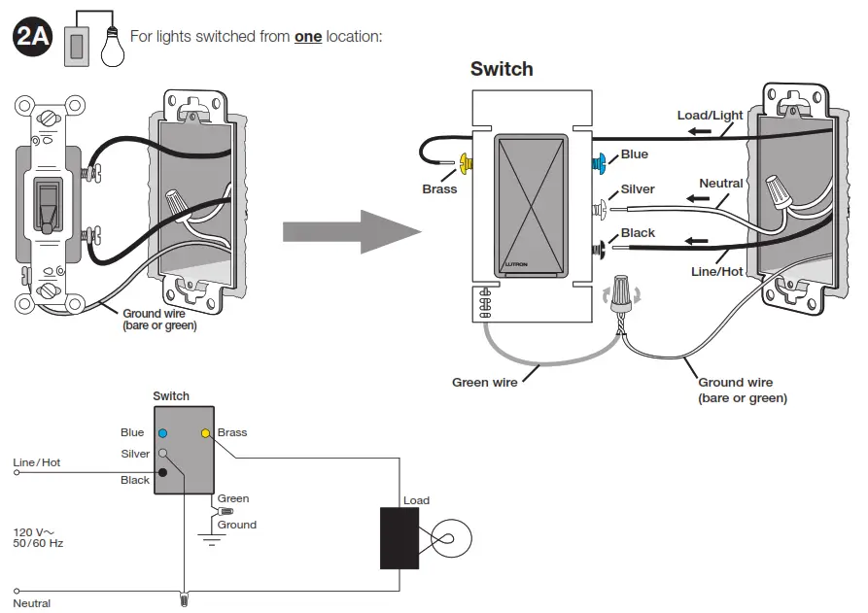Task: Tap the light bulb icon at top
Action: pyautogui.click(x=113, y=44)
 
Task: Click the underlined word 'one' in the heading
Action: pyautogui.click(x=308, y=37)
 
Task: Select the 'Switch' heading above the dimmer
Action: pyautogui.click(x=502, y=69)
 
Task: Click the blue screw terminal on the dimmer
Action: pyautogui.click(x=600, y=160)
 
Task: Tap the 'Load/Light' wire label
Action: pyautogui.click(x=710, y=116)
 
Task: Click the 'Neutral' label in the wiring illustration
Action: pyautogui.click(x=720, y=183)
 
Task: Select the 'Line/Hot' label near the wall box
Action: pyautogui.click(x=716, y=272)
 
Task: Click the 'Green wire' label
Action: pyautogui.click(x=484, y=382)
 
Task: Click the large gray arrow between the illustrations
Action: pyautogui.click(x=351, y=231)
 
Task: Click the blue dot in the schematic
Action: pyautogui.click(x=163, y=433)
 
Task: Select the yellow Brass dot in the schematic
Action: pyautogui.click(x=205, y=433)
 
